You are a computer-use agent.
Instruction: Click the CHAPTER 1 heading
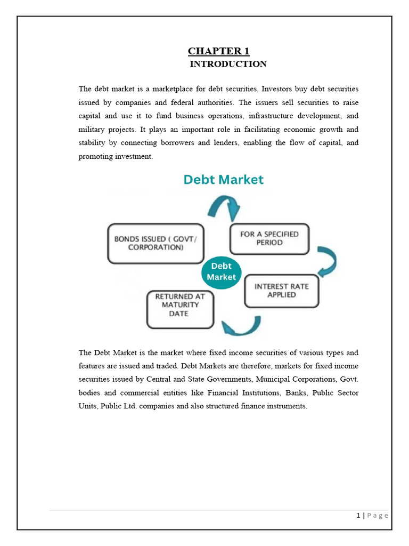pyautogui.click(x=218, y=51)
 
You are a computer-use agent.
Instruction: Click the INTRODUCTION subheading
pyautogui.click(x=228, y=65)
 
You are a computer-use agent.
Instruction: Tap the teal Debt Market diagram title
pyautogui.click(x=223, y=180)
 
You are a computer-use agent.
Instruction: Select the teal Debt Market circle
pyautogui.click(x=221, y=271)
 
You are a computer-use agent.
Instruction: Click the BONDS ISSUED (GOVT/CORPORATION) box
pyautogui.click(x=156, y=243)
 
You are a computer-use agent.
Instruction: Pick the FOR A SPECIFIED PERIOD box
pyautogui.click(x=269, y=238)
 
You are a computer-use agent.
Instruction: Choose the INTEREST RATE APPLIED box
pyautogui.click(x=282, y=291)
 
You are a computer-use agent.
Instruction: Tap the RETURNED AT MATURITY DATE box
pyautogui.click(x=179, y=309)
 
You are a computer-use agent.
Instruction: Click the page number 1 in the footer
pyautogui.click(x=358, y=515)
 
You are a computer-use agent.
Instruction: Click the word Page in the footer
pyautogui.click(x=378, y=515)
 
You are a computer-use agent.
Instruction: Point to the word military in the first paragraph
pyautogui.click(x=91, y=130)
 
